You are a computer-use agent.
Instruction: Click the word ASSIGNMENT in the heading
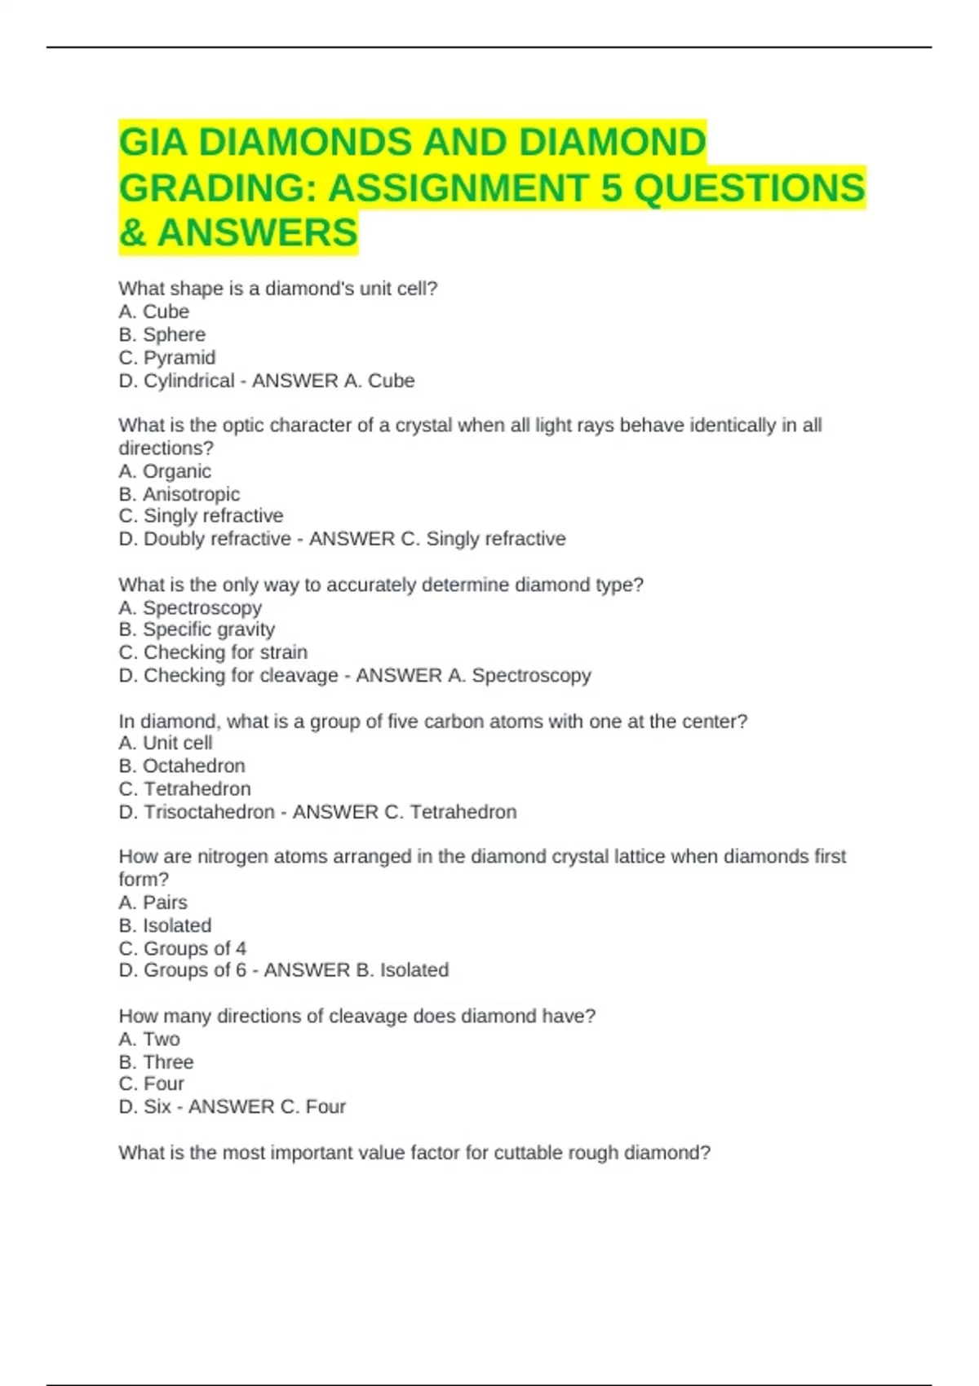tap(457, 188)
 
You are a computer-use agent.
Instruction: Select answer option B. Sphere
tap(162, 334)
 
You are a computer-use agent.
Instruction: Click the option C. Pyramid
tap(166, 357)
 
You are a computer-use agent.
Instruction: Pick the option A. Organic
tap(164, 471)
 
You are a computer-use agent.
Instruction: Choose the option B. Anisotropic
tap(179, 494)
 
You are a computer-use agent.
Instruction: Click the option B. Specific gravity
tap(196, 629)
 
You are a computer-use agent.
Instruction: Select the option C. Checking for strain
tap(212, 652)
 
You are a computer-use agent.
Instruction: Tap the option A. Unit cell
tap(165, 743)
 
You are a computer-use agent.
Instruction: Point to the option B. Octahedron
tap(181, 766)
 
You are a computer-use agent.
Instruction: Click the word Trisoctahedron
tap(209, 812)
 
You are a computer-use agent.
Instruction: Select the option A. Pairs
tap(153, 903)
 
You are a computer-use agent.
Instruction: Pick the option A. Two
tap(148, 1039)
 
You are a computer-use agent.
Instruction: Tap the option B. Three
tap(156, 1062)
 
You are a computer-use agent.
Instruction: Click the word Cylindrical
tap(189, 381)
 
